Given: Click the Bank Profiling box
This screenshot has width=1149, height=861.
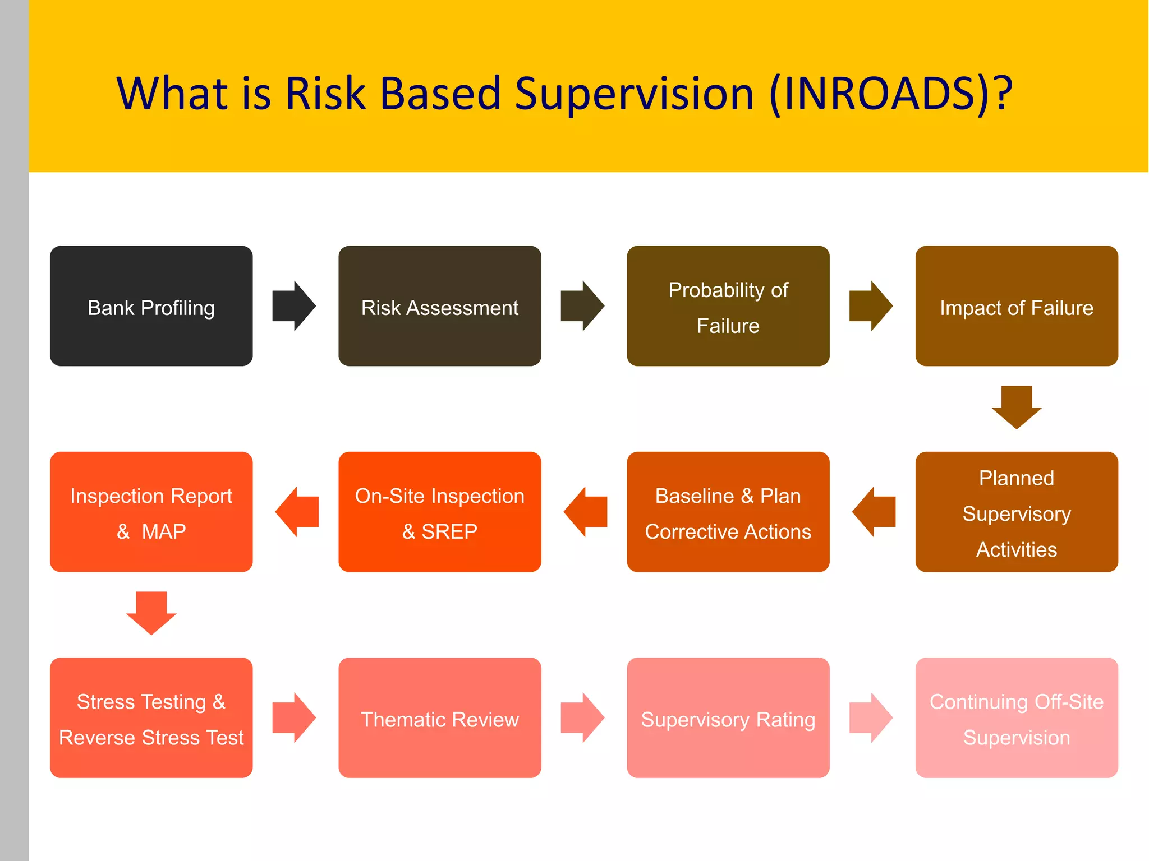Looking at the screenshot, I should click(151, 306).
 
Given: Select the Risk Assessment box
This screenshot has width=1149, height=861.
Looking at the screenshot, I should click(439, 306).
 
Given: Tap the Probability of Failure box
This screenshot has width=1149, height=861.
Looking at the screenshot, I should click(728, 306).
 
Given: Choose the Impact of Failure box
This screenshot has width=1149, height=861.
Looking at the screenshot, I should click(1016, 306).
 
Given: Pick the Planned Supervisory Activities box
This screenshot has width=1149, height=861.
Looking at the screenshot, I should click(1016, 512).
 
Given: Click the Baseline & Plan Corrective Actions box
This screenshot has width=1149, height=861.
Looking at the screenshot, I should click(728, 512).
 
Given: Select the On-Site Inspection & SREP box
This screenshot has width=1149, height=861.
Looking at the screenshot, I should click(439, 512).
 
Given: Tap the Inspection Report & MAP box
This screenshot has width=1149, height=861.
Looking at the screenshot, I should click(151, 512).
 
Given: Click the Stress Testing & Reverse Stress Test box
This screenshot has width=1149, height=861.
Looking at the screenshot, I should click(151, 717).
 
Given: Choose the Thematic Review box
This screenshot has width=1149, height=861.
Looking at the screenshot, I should click(439, 717).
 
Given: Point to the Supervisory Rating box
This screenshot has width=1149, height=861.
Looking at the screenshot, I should click(728, 717).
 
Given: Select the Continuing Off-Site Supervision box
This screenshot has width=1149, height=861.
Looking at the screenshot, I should click(1016, 717).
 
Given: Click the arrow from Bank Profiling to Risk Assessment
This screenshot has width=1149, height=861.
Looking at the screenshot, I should click(294, 306).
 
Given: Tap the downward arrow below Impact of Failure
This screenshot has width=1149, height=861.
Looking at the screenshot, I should click(1016, 407).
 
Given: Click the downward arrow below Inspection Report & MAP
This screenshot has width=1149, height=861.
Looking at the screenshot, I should click(151, 613).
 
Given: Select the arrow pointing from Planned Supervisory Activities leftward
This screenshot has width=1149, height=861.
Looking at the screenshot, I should click(873, 512).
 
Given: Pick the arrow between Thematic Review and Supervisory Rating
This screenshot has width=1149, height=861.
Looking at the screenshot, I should click(582, 717).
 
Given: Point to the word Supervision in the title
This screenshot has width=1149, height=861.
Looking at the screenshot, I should click(634, 94).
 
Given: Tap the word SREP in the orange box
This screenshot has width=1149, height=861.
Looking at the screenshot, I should click(449, 531).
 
